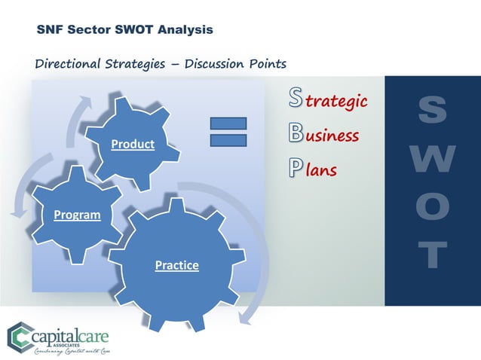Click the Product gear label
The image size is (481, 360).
coord(133,144)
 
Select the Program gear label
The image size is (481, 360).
coord(77,215)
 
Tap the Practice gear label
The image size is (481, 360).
coord(176,265)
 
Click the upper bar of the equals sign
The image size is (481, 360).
coord(228,123)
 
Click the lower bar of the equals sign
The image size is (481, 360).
coord(228,140)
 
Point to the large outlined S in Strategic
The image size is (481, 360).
coord(298,96)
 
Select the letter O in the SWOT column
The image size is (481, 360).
coord(432,209)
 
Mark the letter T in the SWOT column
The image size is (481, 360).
coord(432,255)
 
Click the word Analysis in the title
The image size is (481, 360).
coord(184,30)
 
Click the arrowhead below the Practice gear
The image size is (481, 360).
coord(244,319)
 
